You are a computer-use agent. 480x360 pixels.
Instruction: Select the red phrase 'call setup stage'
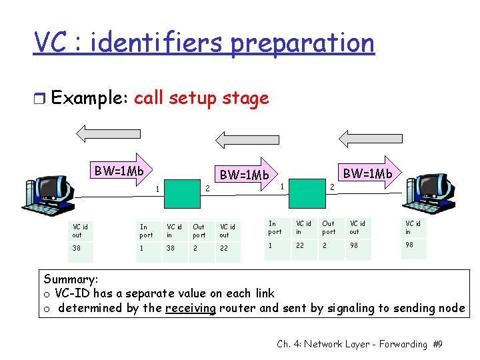(201, 99)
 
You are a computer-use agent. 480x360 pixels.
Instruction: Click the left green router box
(181, 193)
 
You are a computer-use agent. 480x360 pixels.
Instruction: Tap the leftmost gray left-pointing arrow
(99, 133)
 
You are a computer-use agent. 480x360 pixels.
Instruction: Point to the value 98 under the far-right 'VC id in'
(410, 245)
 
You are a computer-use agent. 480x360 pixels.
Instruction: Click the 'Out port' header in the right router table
(329, 227)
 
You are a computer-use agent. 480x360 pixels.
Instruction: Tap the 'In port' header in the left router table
(146, 231)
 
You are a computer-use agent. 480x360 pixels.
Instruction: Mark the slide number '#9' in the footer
(437, 344)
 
